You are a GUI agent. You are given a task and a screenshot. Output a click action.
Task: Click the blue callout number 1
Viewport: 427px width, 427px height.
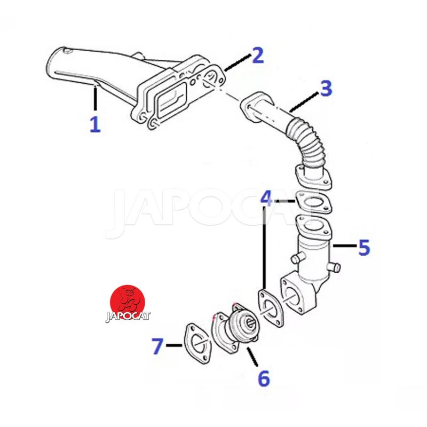pos(96,124)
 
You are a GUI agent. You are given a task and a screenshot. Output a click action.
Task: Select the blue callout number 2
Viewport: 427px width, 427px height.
pos(258,56)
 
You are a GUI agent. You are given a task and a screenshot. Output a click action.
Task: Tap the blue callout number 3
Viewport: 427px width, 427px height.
pos(326,88)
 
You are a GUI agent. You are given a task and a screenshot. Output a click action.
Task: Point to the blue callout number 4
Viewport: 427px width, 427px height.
pos(266,199)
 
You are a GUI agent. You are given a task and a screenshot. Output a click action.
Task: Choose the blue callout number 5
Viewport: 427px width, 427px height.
pos(365,247)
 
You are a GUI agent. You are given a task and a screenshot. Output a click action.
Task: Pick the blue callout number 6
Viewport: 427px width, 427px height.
pos(264,378)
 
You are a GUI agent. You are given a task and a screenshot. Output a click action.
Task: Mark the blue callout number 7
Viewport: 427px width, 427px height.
pos(157,346)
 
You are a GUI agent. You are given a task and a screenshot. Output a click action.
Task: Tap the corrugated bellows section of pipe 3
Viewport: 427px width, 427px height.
pos(307,141)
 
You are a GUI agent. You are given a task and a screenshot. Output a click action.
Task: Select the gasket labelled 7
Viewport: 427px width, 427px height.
pos(197,344)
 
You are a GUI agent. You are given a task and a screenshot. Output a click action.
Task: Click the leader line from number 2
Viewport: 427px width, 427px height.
pos(237,62)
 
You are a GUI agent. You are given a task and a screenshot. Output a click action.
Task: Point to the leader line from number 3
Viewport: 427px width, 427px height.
pos(304,102)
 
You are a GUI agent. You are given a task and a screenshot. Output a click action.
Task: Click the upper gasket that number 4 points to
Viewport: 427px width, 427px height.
pos(314,203)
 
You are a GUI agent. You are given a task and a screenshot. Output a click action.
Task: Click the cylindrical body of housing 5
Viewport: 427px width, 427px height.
pos(314,259)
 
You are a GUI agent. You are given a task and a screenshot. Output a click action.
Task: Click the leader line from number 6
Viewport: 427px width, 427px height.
pos(252,357)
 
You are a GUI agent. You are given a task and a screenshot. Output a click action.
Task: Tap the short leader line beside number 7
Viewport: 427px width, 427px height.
pos(174,345)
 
